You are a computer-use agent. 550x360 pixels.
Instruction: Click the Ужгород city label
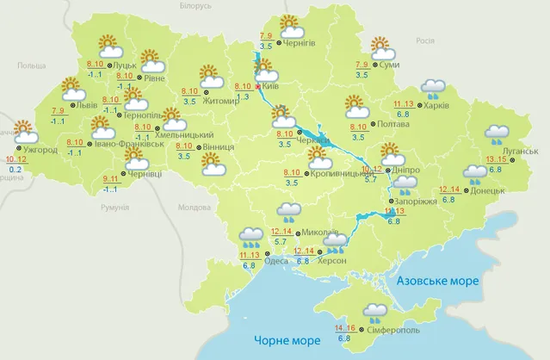40,150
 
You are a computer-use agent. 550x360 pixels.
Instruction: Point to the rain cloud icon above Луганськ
496,135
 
